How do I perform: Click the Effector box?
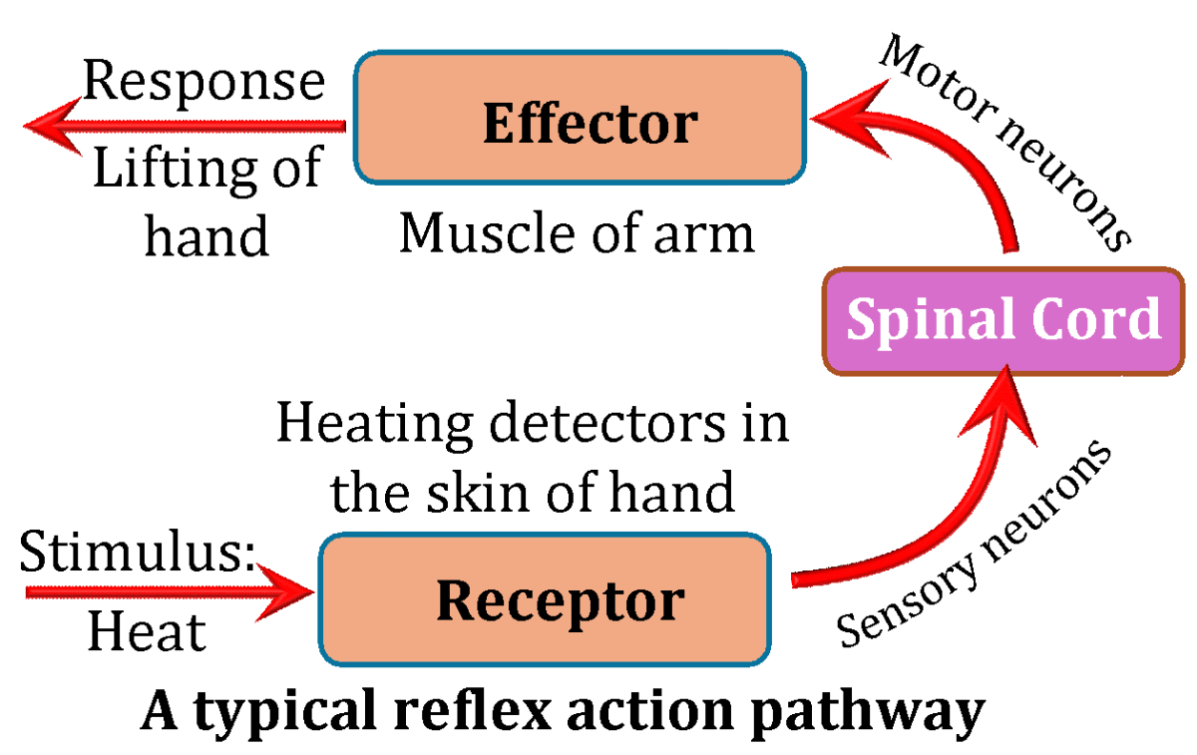click(x=581, y=119)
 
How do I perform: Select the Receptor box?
click(x=545, y=600)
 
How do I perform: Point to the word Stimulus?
click(x=134, y=552)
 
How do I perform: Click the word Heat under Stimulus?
click(x=146, y=631)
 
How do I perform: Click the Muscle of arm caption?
click(x=576, y=233)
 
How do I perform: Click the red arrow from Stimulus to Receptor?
click(x=170, y=591)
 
